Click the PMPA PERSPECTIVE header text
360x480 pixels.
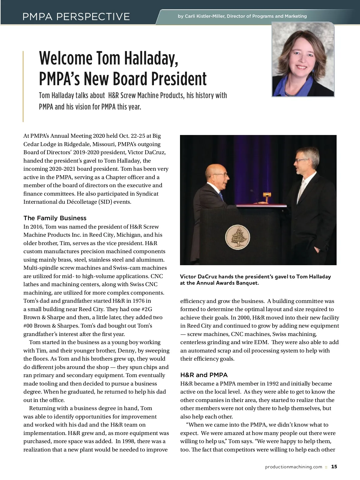coord(76,16)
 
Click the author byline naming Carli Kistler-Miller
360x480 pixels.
coord(242,16)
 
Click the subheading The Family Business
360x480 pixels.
coord(55,218)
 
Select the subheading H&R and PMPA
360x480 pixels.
coord(204,375)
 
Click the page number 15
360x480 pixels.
coord(334,466)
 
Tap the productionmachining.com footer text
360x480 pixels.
coord(293,467)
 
